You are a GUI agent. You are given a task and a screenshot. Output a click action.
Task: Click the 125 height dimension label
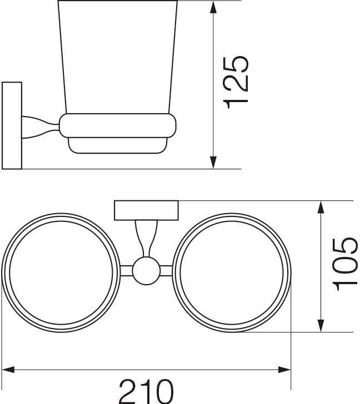point(236,83)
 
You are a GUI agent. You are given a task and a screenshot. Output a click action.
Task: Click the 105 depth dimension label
point(345,265)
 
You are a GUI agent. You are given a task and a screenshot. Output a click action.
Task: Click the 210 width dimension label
point(146,392)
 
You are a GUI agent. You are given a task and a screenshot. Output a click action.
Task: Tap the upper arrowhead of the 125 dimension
point(213,7)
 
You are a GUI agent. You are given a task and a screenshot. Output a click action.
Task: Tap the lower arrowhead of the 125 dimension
point(213,162)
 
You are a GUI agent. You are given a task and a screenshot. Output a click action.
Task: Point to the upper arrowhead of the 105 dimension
point(321,208)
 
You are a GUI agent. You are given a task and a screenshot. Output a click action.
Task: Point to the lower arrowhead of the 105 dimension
point(321,325)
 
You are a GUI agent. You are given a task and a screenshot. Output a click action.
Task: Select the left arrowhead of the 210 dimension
point(8,370)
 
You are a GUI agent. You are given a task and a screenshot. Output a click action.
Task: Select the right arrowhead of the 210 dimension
point(284,370)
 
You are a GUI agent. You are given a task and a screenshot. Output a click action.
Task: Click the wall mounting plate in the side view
point(12,125)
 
